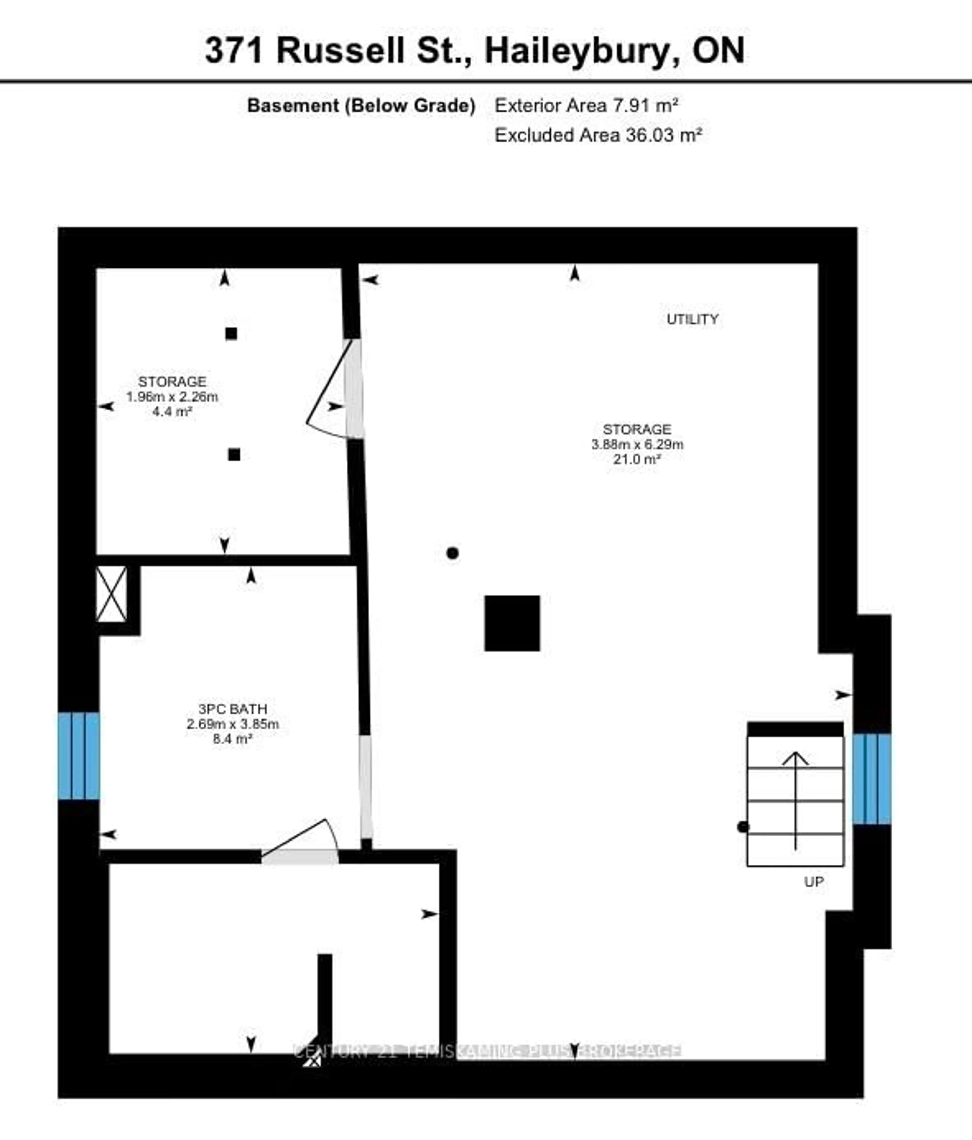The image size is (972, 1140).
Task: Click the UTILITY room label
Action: [x=692, y=319]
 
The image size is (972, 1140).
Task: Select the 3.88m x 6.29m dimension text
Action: [x=637, y=444]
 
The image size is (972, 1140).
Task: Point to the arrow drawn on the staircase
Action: [x=795, y=801]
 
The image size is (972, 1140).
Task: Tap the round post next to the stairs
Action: [x=743, y=826]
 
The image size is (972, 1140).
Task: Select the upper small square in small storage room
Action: [x=231, y=333]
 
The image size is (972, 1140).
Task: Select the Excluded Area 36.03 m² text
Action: [x=598, y=135]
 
